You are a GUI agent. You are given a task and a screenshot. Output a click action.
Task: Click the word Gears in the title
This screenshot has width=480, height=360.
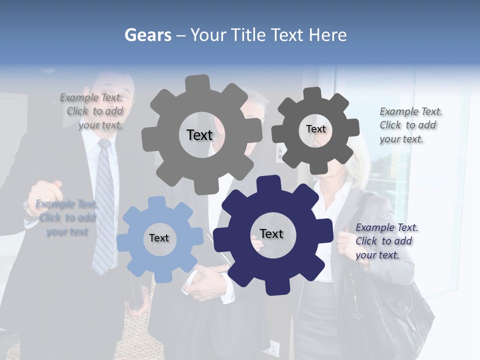147,35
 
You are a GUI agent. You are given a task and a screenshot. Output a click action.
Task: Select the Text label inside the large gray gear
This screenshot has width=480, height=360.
199,135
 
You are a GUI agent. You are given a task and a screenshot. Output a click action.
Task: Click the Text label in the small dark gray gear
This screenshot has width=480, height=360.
315,129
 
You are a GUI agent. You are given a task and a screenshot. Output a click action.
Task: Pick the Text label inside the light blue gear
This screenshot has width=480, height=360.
159,238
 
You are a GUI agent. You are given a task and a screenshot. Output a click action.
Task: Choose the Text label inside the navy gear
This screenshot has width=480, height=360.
271,233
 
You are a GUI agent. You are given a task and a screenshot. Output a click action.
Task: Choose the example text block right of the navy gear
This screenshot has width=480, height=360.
386,241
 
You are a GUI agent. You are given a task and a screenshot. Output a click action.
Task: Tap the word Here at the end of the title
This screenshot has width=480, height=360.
328,35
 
